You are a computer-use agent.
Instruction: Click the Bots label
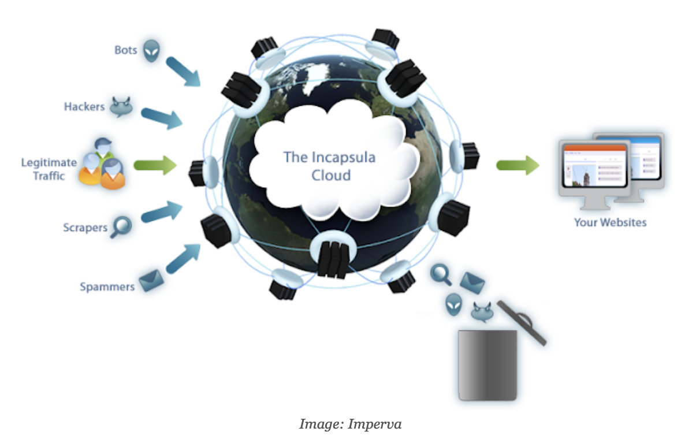[x=125, y=50]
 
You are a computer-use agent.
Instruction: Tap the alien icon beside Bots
[x=151, y=50]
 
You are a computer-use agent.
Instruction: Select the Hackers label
[x=84, y=107]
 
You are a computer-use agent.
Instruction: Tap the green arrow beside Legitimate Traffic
[x=155, y=166]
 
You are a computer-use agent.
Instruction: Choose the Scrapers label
[x=85, y=228]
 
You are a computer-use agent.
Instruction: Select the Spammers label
[x=107, y=287]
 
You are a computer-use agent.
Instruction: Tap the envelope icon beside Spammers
[x=152, y=281]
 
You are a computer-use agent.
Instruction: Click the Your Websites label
[x=610, y=222]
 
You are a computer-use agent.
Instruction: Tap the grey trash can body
[x=487, y=364]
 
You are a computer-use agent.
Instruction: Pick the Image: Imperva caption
[x=350, y=424]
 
